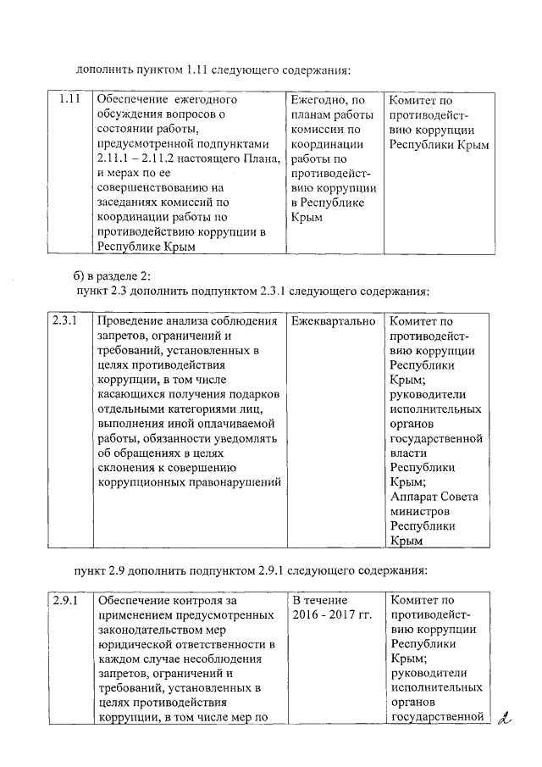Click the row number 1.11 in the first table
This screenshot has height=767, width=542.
click(69, 100)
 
